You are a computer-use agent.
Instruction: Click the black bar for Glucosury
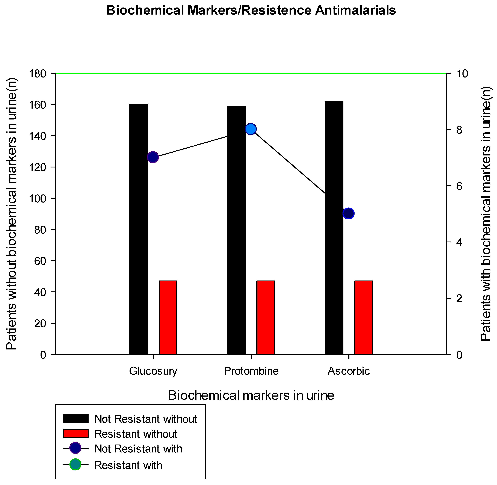[x=138, y=229]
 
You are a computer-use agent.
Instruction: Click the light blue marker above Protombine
[x=251, y=129]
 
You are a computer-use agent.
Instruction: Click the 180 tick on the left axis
[x=39, y=74]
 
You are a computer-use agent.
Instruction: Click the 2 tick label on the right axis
[x=459, y=298]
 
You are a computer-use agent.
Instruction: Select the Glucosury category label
[x=153, y=371]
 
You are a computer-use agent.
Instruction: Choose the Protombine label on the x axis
[x=251, y=371]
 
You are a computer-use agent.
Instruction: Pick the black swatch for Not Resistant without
[x=76, y=419]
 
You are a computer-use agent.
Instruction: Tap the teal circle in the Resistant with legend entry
[x=76, y=464]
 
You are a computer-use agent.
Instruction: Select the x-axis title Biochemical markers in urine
[x=251, y=395]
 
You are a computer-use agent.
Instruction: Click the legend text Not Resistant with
[x=138, y=449]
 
